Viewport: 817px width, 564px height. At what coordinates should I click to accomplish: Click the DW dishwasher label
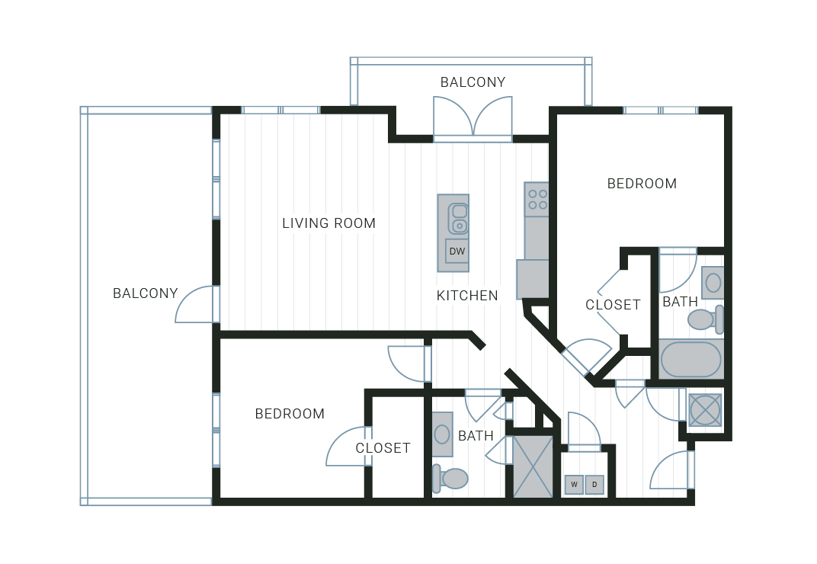click(457, 252)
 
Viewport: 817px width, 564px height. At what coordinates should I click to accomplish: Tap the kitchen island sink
click(458, 219)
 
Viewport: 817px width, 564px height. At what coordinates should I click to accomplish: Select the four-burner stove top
click(537, 199)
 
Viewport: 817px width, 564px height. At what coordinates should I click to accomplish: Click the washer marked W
click(574, 484)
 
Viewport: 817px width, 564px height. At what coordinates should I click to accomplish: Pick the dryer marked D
click(594, 484)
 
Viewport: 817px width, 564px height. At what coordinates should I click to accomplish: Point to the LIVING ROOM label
click(328, 223)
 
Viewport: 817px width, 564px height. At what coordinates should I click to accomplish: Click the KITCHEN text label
click(467, 296)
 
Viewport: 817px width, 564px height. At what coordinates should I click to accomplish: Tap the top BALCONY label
click(473, 82)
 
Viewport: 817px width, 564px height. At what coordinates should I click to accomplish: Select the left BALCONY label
click(146, 293)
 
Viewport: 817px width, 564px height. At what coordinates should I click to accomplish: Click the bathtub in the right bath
click(691, 359)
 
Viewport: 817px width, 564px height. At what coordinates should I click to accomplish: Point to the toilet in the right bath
click(706, 319)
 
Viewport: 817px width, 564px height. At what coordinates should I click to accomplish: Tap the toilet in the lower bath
click(450, 479)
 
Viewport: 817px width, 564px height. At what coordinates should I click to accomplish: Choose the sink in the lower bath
click(442, 434)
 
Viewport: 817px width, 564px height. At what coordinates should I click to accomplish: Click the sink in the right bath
click(713, 283)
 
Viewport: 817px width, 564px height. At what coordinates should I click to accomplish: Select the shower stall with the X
click(533, 466)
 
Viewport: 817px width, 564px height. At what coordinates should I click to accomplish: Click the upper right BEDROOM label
click(642, 184)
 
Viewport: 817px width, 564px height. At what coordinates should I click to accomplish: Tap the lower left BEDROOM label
click(290, 414)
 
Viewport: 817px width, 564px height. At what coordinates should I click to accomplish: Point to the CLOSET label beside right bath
click(613, 305)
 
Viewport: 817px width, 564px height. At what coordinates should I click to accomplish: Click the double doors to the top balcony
click(473, 120)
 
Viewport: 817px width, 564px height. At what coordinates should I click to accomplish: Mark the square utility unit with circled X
click(705, 410)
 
